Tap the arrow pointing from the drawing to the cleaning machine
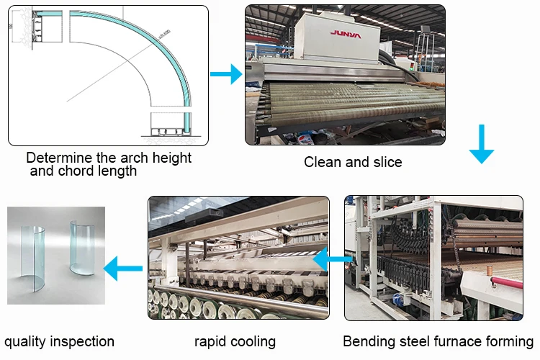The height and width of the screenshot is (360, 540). click(226, 73)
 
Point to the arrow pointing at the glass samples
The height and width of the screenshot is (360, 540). click(123, 269)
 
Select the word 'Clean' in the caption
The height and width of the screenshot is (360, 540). click(322, 162)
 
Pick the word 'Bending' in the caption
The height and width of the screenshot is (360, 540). click(367, 341)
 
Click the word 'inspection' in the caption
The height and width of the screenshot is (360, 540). click(81, 341)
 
